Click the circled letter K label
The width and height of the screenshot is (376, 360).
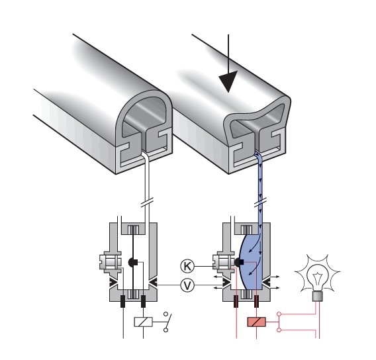tap(187, 266)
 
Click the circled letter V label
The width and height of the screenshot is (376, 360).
tap(187, 285)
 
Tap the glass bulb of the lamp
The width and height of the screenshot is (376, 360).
tap(318, 277)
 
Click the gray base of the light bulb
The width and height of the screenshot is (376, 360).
tap(318, 296)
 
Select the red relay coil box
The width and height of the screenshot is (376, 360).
tap(257, 322)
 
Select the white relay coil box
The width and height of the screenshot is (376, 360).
tap(143, 322)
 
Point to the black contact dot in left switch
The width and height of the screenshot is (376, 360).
tap(132, 263)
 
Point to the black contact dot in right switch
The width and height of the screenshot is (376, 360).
tap(239, 263)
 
